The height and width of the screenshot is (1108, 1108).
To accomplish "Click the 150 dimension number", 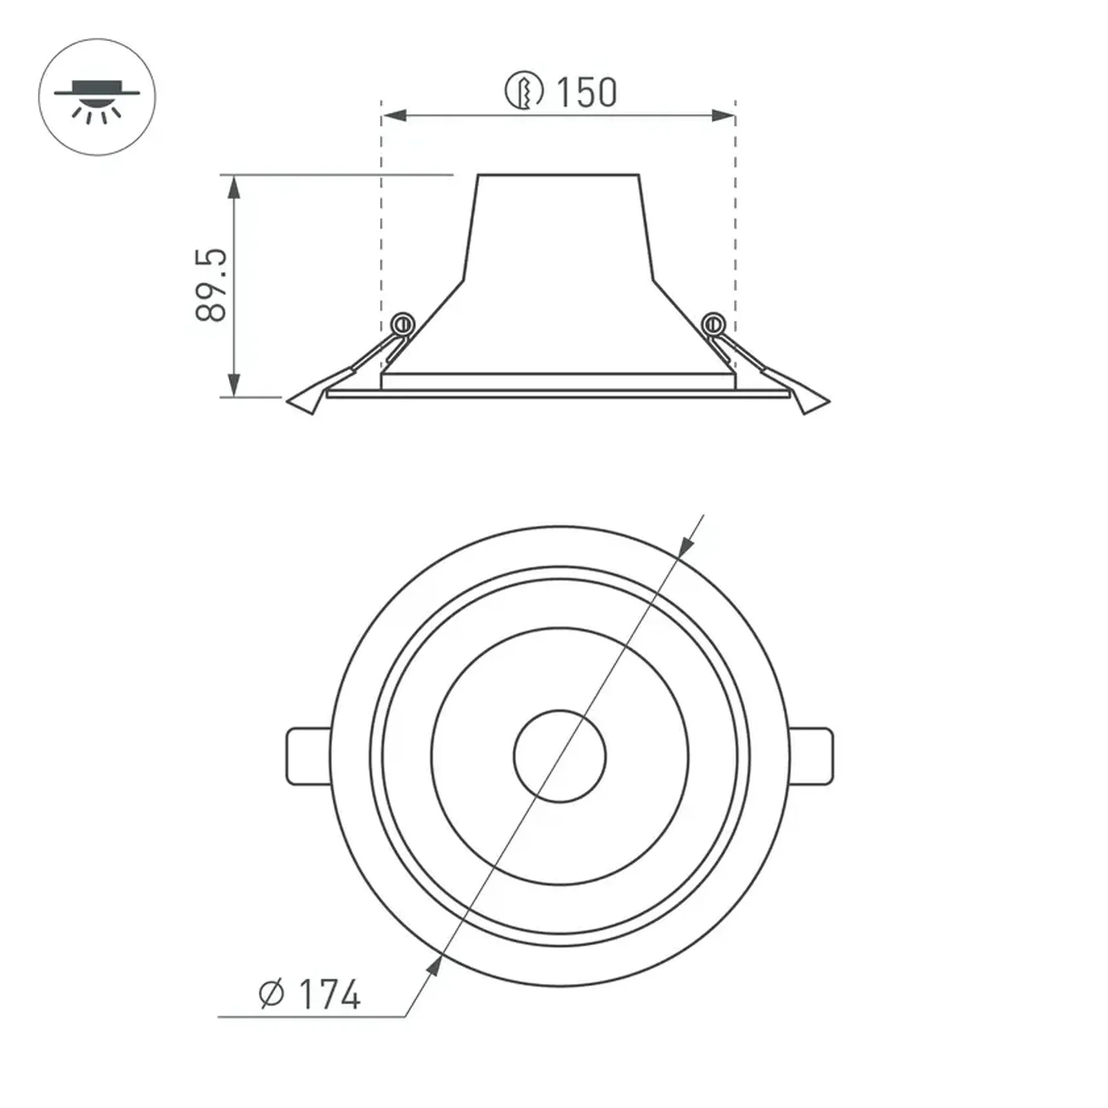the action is pyautogui.click(x=586, y=92).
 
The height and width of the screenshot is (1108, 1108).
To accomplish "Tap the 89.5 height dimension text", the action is pyautogui.click(x=211, y=284).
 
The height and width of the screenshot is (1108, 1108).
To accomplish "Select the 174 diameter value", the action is pyautogui.click(x=329, y=995).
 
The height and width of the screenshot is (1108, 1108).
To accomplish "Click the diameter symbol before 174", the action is pyautogui.click(x=271, y=995).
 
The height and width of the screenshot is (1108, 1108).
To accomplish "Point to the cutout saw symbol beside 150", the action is pyautogui.click(x=524, y=90).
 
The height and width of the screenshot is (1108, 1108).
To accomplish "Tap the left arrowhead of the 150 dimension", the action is pyautogui.click(x=394, y=116).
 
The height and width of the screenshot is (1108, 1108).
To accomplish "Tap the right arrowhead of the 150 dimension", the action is pyautogui.click(x=723, y=116).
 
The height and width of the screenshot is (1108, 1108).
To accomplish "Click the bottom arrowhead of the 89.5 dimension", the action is pyautogui.click(x=234, y=385).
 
